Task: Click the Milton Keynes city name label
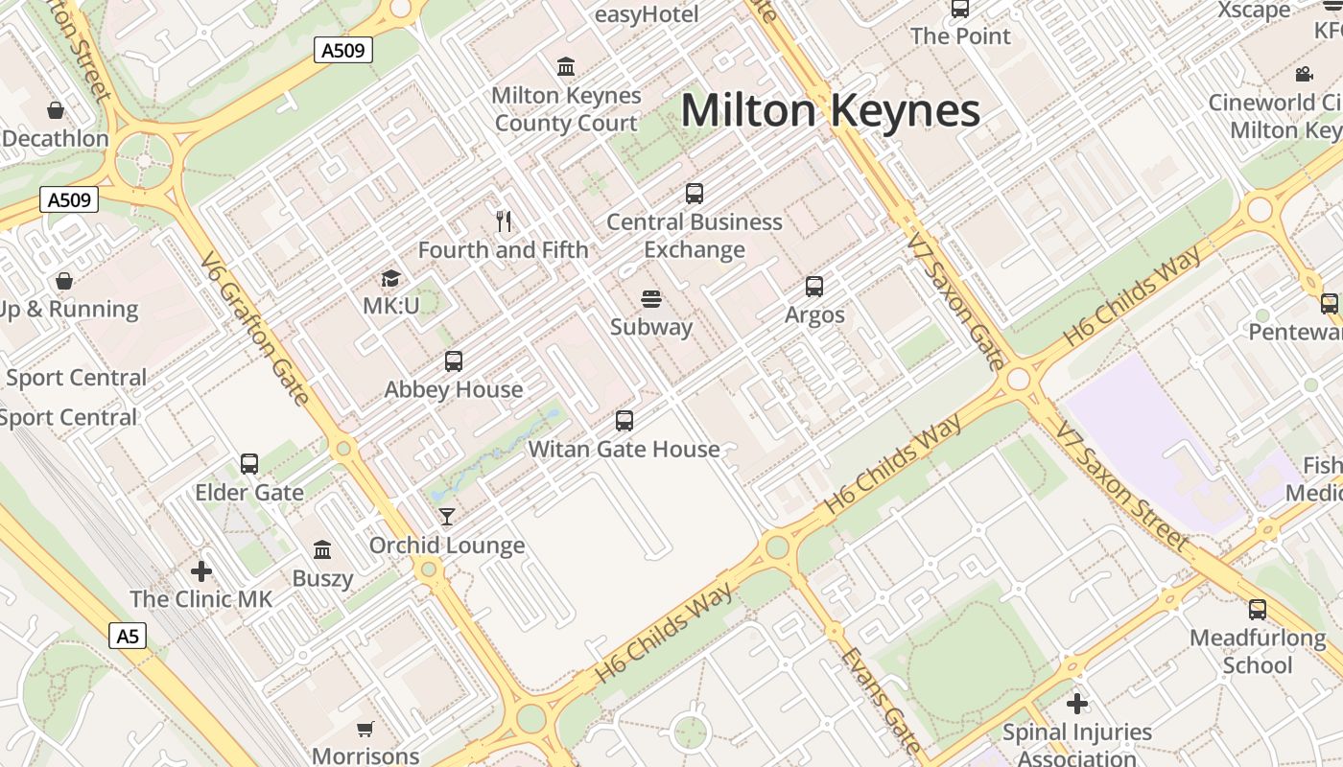pyautogui.click(x=830, y=110)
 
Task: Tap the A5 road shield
pyautogui.click(x=128, y=636)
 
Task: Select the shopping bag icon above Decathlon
pyautogui.click(x=56, y=110)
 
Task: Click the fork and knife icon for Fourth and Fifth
pyautogui.click(x=504, y=221)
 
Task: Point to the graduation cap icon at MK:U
pyautogui.click(x=390, y=279)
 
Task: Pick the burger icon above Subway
pyautogui.click(x=651, y=299)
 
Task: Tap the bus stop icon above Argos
pyautogui.click(x=814, y=287)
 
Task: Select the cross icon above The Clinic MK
pyautogui.click(x=201, y=571)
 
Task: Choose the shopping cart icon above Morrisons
pyautogui.click(x=365, y=730)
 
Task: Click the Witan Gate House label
pyautogui.click(x=624, y=449)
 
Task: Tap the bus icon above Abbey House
pyautogui.click(x=454, y=361)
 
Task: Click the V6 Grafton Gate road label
pyautogui.click(x=255, y=329)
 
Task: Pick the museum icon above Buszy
pyautogui.click(x=322, y=550)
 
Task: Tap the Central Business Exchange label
pyautogui.click(x=695, y=236)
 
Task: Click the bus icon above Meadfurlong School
pyautogui.click(x=1258, y=610)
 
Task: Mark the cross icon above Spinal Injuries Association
pyautogui.click(x=1077, y=704)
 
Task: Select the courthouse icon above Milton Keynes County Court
pyautogui.click(x=566, y=67)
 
